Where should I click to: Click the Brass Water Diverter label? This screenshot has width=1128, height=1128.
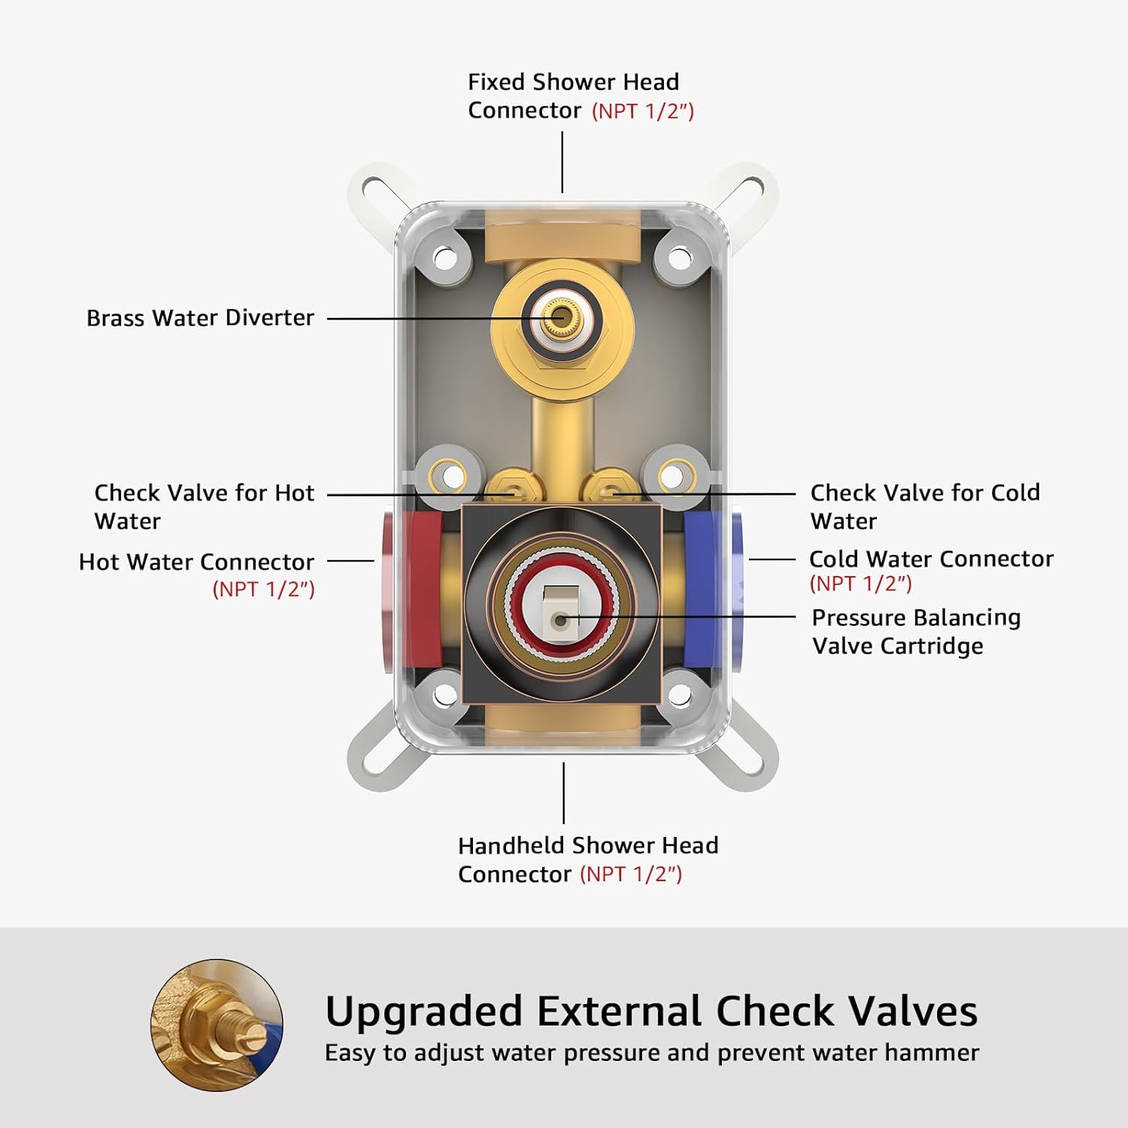[x=200, y=318]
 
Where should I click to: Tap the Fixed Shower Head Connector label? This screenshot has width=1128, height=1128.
[x=581, y=96]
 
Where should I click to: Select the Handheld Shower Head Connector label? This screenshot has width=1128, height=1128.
[x=588, y=860]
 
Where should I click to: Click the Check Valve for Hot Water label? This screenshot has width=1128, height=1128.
[x=204, y=507]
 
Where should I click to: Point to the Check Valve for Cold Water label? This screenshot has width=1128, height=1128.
[x=925, y=507]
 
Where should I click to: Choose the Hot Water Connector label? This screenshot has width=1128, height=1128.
[x=196, y=575]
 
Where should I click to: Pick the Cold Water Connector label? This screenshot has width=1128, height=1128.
[x=931, y=570]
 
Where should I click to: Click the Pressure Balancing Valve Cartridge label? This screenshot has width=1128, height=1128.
[x=916, y=632]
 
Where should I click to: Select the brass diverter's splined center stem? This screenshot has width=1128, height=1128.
[x=559, y=318]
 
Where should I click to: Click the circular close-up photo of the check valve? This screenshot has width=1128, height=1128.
[x=217, y=1025]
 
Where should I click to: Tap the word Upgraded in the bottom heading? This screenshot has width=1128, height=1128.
[x=423, y=1012]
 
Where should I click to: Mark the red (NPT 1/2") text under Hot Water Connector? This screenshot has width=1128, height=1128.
[x=263, y=589]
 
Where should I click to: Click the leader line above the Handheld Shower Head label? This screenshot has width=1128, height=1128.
[x=563, y=793]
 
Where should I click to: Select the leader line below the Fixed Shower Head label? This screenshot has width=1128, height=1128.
[x=562, y=162]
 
